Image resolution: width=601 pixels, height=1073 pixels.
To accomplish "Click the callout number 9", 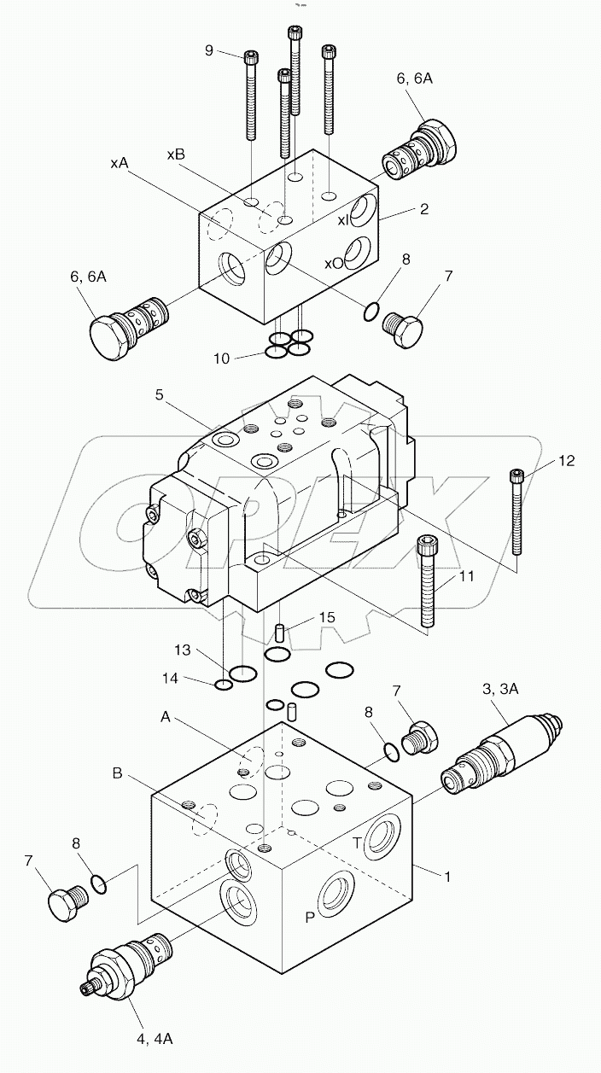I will [209, 50].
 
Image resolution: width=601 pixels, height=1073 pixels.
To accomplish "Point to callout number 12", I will [566, 461].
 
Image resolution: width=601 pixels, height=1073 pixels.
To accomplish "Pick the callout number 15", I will [304, 617].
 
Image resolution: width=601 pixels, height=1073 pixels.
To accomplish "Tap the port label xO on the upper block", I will [333, 263].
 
